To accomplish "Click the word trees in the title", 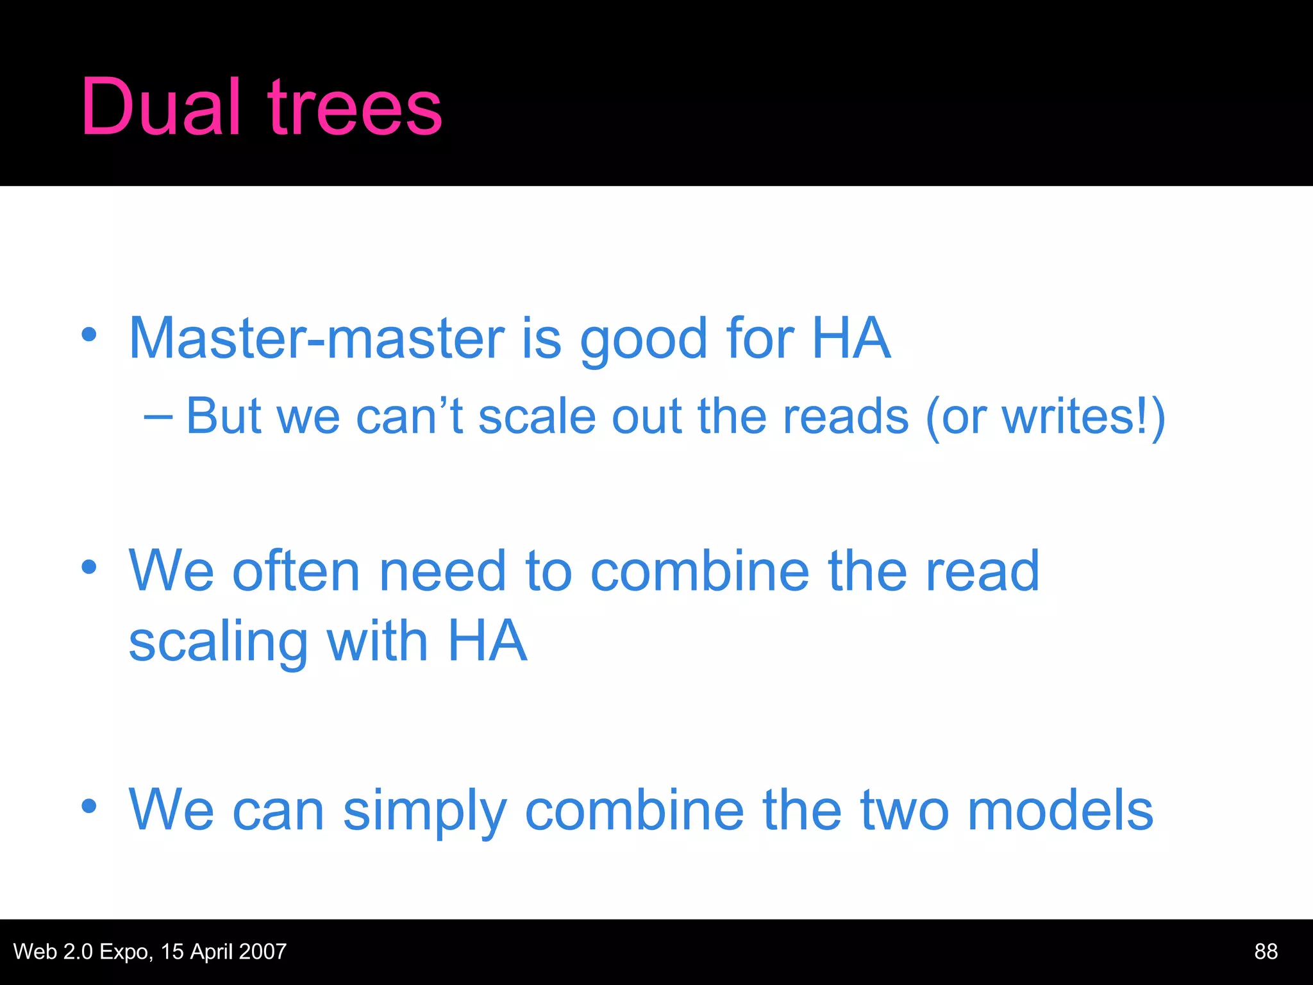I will [355, 108].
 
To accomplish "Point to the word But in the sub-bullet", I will [223, 416].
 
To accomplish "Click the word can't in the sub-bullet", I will [409, 416].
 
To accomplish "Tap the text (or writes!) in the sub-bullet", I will [1045, 417].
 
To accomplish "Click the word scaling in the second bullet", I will [218, 643].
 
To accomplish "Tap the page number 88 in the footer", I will [1266, 951].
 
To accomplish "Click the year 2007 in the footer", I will [263, 951].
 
